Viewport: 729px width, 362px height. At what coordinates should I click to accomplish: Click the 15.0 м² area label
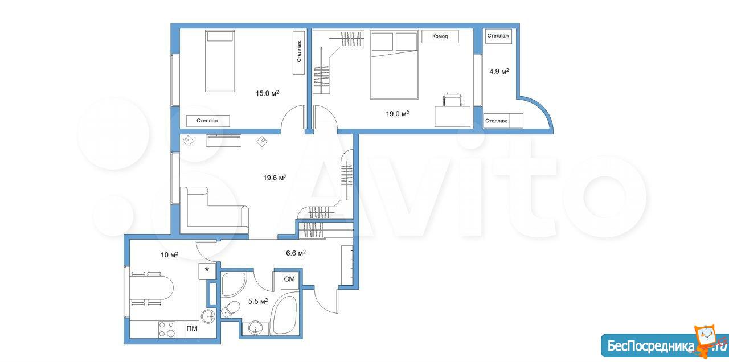point(267,93)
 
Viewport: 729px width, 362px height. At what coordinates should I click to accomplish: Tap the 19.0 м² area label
point(398,113)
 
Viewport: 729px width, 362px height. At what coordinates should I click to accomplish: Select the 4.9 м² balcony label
point(499,71)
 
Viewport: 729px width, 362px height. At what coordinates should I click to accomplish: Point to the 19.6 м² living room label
point(275,178)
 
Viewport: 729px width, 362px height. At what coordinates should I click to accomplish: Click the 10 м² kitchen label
point(169,254)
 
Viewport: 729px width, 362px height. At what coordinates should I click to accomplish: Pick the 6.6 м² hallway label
point(296,253)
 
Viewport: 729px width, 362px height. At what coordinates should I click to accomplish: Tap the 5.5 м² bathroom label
point(258,302)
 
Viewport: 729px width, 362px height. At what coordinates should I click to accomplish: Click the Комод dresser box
point(440,36)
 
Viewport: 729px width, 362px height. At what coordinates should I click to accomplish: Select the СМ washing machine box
point(289,279)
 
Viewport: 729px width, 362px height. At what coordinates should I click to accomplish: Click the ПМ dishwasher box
point(192,329)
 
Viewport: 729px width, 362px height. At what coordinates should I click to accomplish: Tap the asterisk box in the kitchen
point(207,271)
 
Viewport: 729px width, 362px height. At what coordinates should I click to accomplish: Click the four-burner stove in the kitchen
point(167,330)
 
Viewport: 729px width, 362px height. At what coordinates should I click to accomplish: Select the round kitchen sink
point(208,315)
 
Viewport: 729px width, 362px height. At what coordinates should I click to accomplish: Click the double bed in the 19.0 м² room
point(394,65)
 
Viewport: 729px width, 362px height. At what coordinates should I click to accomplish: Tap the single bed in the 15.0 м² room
point(220,61)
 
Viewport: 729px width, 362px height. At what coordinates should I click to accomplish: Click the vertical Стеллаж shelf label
point(299,52)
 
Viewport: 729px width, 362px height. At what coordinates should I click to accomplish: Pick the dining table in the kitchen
point(151,288)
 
